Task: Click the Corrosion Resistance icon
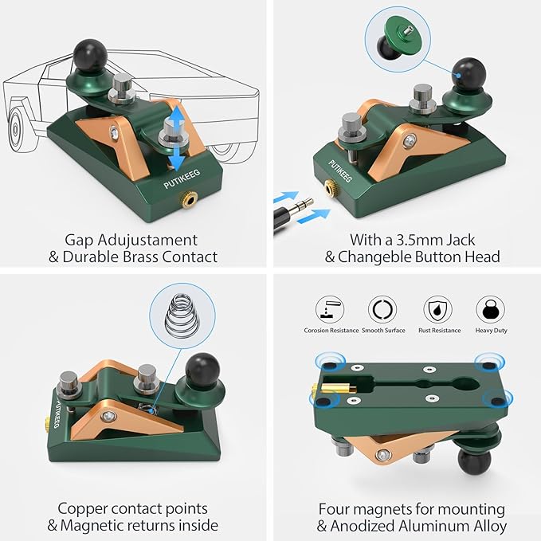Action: coord(330,309)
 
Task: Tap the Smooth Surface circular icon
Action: coord(382,309)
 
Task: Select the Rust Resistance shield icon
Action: coord(438,309)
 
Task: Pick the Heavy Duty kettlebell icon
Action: coord(490,309)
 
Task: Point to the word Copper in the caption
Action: coord(82,509)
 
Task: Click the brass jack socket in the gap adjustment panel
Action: coord(189,199)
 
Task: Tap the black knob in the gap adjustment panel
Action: coord(90,56)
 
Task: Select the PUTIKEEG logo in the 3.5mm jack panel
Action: coord(340,171)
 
